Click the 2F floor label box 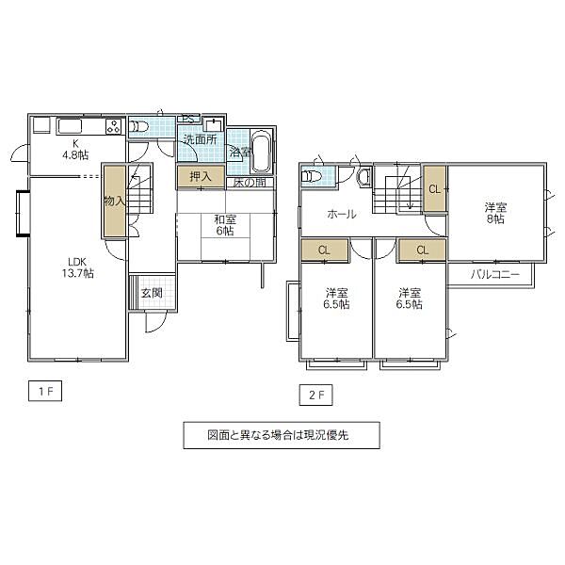point(315,394)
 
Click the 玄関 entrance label point(152,293)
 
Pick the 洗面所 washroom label point(200,140)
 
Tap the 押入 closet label point(200,176)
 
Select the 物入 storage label point(113,201)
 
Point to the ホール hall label point(341,215)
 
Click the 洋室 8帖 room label point(495,213)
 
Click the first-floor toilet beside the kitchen point(138,126)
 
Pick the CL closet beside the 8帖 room point(434,188)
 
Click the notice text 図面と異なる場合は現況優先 point(281,435)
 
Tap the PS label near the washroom point(188,119)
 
